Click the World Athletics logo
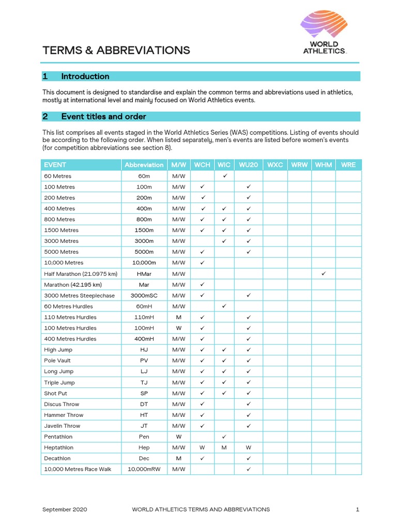pyautogui.click(x=324, y=33)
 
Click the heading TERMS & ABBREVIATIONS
pyautogui.click(x=116, y=50)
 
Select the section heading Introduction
pyautogui.click(x=85, y=76)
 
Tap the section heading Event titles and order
pyautogui.click(x=103, y=117)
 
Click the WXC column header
pyautogui.click(x=275, y=165)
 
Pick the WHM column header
pyautogui.click(x=324, y=165)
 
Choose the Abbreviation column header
pyautogui.click(x=144, y=165)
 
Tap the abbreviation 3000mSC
pyautogui.click(x=144, y=295)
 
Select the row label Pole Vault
pyautogui.click(x=57, y=361)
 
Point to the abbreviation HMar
pyautogui.click(x=144, y=274)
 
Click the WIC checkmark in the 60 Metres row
pyautogui.click(x=224, y=176)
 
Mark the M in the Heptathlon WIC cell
pyautogui.click(x=224, y=447)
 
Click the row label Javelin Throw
pyautogui.click(x=62, y=426)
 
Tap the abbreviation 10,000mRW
pyautogui.click(x=144, y=469)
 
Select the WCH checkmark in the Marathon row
pyautogui.click(x=203, y=285)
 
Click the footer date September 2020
pyautogui.click(x=65, y=509)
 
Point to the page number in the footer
pyautogui.click(x=357, y=509)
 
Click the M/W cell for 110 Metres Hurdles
pyautogui.click(x=178, y=317)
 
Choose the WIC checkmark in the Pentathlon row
pyautogui.click(x=224, y=437)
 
